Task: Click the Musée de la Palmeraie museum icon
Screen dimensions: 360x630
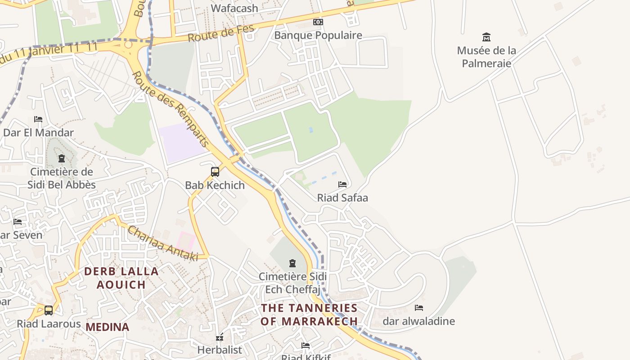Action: click(x=486, y=37)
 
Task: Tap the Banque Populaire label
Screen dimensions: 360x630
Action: click(x=318, y=35)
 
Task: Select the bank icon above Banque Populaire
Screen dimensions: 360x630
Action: click(x=318, y=22)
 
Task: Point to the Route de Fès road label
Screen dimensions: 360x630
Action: click(x=221, y=34)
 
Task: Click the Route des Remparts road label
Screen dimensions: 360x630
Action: click(x=171, y=110)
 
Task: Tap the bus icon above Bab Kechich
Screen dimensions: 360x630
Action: click(x=215, y=171)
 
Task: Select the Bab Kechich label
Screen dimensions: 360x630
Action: click(x=215, y=185)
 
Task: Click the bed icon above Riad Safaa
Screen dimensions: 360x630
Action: click(x=342, y=184)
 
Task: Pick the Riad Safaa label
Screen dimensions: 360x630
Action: click(x=342, y=198)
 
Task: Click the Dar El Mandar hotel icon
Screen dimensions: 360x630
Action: click(x=38, y=119)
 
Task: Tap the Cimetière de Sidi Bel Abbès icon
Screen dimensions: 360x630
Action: click(x=62, y=158)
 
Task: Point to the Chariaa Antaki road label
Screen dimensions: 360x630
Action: click(x=163, y=243)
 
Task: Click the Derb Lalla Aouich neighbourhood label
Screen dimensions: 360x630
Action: click(x=121, y=278)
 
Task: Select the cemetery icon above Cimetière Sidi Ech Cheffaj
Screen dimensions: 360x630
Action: click(x=292, y=263)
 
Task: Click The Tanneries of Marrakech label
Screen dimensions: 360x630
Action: click(x=309, y=315)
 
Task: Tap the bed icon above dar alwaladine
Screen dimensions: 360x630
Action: click(x=419, y=308)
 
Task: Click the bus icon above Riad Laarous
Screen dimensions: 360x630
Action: click(x=49, y=310)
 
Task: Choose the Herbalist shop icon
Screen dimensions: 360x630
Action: click(x=220, y=337)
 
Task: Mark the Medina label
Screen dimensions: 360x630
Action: click(x=108, y=327)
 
